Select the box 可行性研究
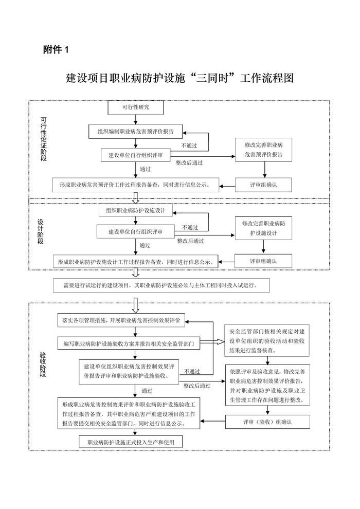[x=135, y=107]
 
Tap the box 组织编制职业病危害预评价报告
[x=136, y=131]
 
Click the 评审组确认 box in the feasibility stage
[x=264, y=184]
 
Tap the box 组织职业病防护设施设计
[x=136, y=210]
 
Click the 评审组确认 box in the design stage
[x=264, y=261]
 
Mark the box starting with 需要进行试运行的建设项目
[x=160, y=284]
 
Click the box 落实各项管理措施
[x=121, y=320]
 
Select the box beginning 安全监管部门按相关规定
[x=267, y=340]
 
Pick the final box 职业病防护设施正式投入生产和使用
[x=131, y=442]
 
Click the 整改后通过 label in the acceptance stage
[x=198, y=385]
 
